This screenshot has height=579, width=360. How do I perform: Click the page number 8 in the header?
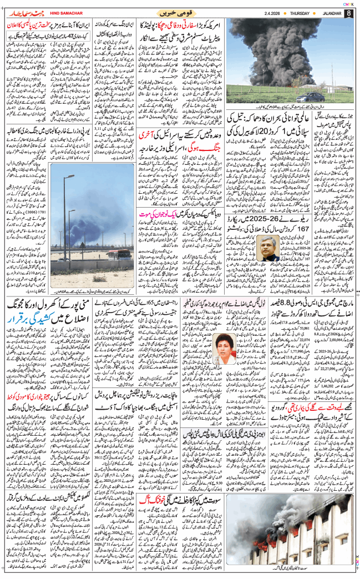pos(348,13)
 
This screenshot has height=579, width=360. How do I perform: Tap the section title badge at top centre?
pos(173,13)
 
